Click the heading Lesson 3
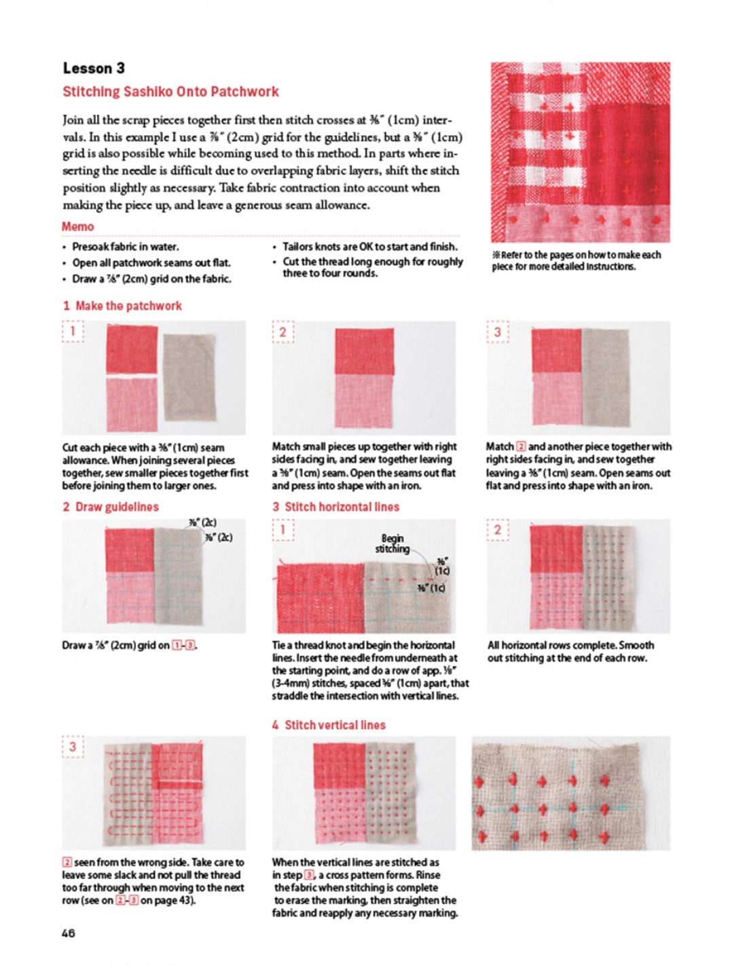pos(94,68)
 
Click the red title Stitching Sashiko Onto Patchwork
pos(170,92)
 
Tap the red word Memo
pos(77,226)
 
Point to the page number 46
pos(69,933)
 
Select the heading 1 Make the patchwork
pos(122,306)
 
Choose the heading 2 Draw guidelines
pos(110,507)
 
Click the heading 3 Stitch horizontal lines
pos(335,507)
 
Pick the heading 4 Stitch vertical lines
pos(329,725)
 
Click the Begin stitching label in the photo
pos(393,543)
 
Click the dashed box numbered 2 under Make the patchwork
pos(283,332)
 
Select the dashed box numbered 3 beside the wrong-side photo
pos(73,747)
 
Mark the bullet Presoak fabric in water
pos(126,247)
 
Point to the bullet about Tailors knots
pos(369,247)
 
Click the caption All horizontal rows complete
pos(570,651)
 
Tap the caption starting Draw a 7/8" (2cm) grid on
pos(129,645)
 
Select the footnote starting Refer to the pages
pos(576,260)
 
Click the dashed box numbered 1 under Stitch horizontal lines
pos(283,530)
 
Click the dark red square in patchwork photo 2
pos(364,351)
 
